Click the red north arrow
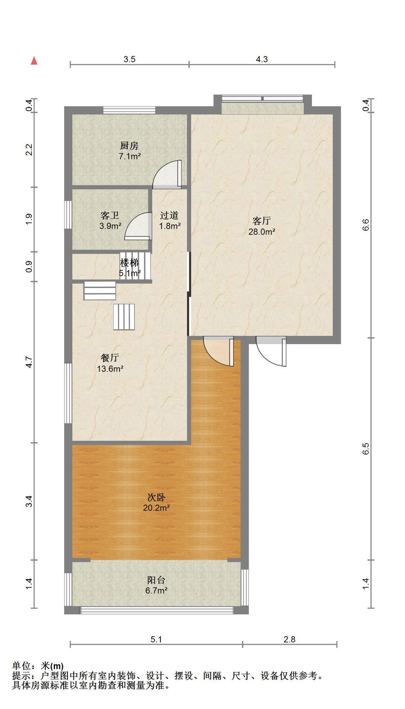click(x=34, y=61)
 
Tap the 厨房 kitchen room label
click(x=129, y=146)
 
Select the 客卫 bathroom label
click(x=110, y=216)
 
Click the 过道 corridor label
click(x=170, y=215)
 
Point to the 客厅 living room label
click(x=262, y=221)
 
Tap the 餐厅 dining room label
click(x=110, y=358)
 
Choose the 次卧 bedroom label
click(x=156, y=497)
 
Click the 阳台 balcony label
click(x=156, y=580)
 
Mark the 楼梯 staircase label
click(x=129, y=263)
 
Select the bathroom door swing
click(x=138, y=226)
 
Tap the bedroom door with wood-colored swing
click(x=218, y=352)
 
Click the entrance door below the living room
click(x=271, y=352)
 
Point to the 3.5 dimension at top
click(x=129, y=59)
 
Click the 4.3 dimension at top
click(x=262, y=59)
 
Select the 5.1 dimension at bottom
click(x=156, y=639)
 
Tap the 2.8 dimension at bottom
click(x=290, y=639)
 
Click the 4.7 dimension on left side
click(x=30, y=362)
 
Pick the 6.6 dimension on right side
click(x=366, y=225)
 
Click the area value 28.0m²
click(x=262, y=232)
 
